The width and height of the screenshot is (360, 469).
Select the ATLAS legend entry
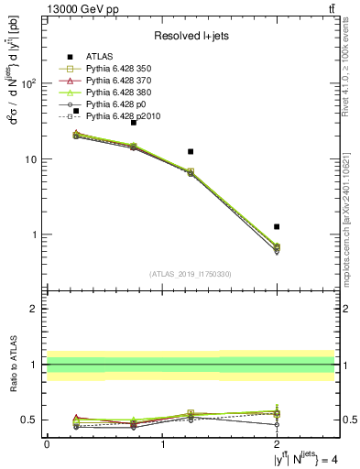102,57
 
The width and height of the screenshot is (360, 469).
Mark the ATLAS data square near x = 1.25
191,151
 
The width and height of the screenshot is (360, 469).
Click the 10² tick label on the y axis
28,83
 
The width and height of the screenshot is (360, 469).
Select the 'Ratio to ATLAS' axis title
13,365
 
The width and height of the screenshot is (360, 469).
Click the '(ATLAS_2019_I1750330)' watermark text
191,273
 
